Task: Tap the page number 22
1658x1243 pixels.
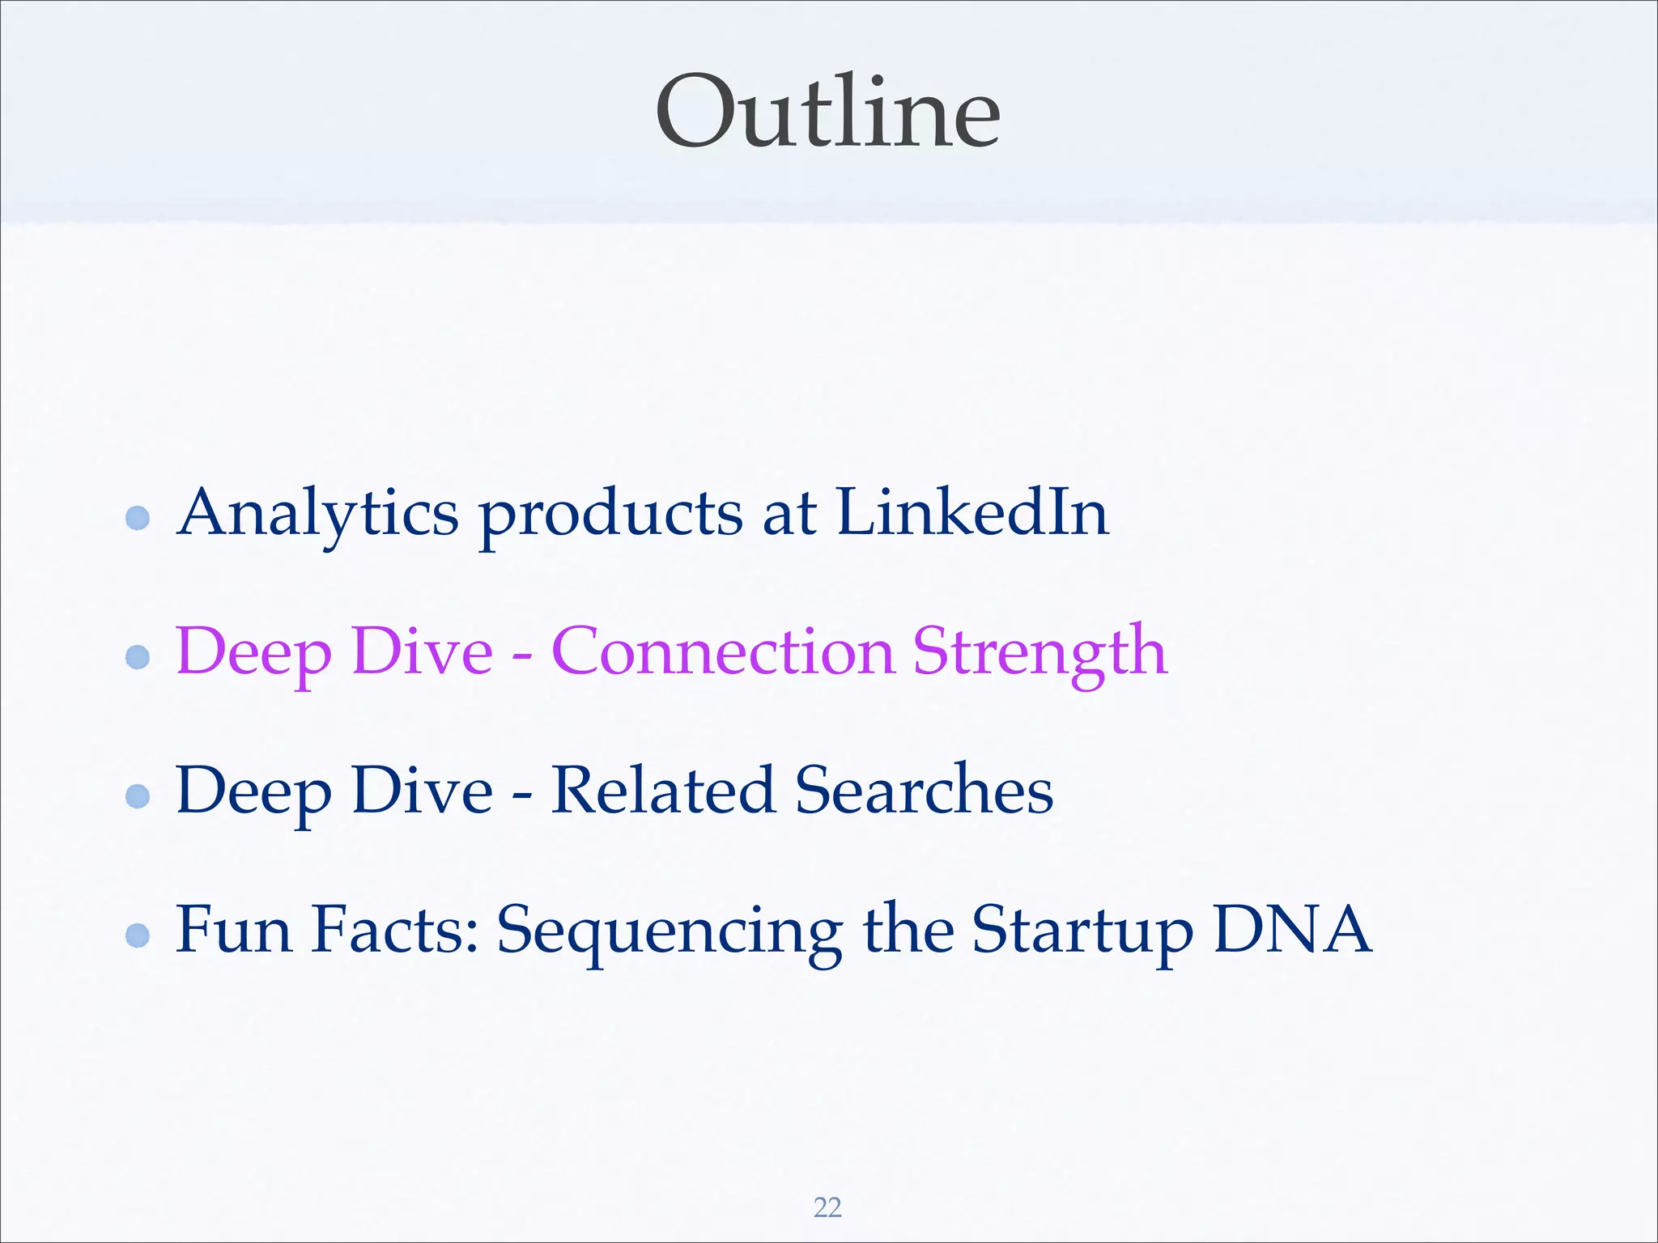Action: (827, 1207)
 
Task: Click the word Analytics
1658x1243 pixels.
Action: (318, 514)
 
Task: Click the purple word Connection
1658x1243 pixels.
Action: (722, 651)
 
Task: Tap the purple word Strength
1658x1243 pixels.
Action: (1040, 653)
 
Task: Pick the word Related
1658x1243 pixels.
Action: (662, 790)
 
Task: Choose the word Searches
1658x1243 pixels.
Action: (924, 790)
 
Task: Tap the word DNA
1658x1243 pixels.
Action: (1293, 929)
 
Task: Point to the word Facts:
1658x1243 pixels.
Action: (396, 929)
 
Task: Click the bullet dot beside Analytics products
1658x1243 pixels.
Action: (138, 518)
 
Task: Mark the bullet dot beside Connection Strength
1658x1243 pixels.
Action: (138, 656)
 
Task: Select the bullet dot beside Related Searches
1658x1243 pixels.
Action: (138, 796)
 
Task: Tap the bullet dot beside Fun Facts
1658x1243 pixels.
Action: (138, 935)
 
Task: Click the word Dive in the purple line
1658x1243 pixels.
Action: (423, 651)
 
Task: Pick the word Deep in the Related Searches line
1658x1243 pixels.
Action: (253, 792)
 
